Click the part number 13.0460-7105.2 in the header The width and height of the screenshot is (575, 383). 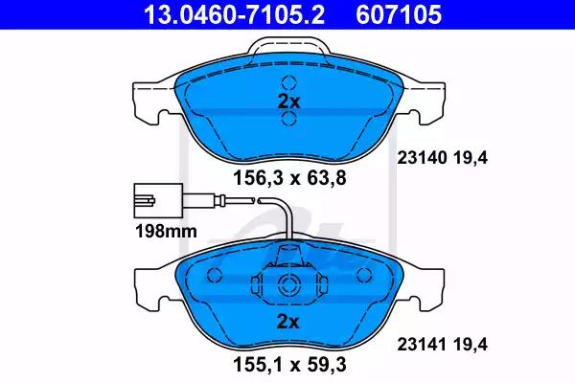point(234,14)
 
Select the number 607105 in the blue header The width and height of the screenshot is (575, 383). point(399,14)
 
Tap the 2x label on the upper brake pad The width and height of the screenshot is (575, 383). point(288,101)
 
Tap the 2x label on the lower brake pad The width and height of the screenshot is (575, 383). point(287,322)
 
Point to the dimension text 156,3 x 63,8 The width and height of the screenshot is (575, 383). point(289,178)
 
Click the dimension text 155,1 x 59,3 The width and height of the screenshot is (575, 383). point(289,364)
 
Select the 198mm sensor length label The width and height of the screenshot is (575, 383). point(166,232)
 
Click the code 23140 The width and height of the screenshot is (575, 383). point(423,158)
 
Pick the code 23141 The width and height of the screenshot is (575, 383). point(423,344)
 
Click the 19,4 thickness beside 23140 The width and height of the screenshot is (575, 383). point(471,158)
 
